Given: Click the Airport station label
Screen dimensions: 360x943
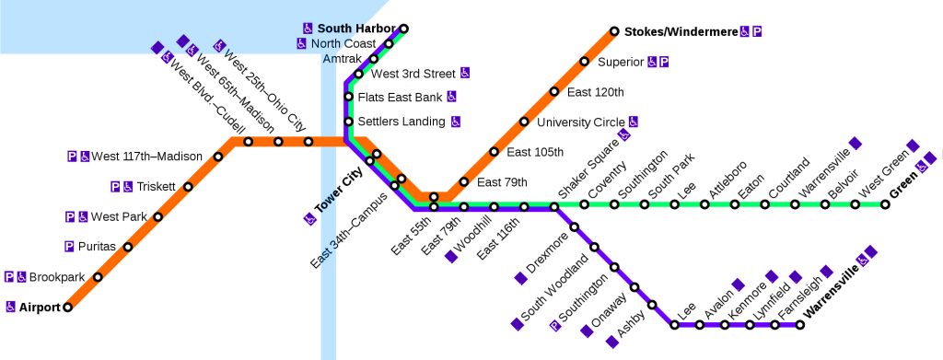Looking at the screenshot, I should click(x=40, y=307).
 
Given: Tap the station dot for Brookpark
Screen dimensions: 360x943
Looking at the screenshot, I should click(x=98, y=276).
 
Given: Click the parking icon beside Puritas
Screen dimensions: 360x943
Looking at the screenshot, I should click(x=70, y=247).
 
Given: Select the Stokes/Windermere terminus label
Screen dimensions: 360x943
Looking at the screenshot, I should click(x=681, y=32).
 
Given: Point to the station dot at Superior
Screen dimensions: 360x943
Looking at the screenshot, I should click(x=584, y=63).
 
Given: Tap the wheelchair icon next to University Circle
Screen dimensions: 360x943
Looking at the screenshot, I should click(x=634, y=122).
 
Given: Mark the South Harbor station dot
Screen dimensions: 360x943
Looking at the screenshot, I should click(x=403, y=29).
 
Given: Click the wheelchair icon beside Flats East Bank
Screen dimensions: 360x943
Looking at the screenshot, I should click(x=452, y=97).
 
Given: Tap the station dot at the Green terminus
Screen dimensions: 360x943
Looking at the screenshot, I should click(x=885, y=204).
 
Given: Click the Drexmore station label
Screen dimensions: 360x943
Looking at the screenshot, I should click(x=547, y=256).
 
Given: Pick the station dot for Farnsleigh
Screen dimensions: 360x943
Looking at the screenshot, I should click(x=799, y=324).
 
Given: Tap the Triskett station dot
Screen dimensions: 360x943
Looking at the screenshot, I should click(x=188, y=187).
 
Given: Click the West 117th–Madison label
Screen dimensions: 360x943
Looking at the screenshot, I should click(x=146, y=157).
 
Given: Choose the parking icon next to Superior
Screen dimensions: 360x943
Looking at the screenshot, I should click(x=664, y=63).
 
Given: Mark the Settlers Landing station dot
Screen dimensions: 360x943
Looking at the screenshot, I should click(x=349, y=122).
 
